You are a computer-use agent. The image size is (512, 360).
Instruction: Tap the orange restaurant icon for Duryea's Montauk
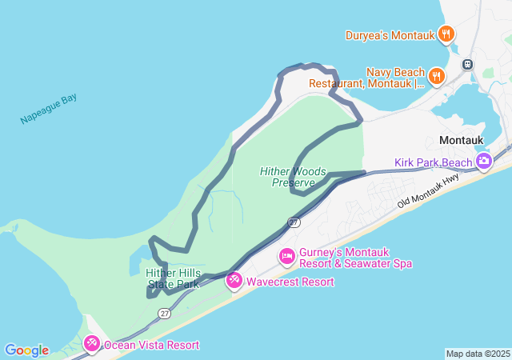coord(446,34)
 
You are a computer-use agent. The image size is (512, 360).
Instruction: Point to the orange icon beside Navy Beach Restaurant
coord(436,77)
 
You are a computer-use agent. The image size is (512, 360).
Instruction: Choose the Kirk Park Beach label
coord(433,163)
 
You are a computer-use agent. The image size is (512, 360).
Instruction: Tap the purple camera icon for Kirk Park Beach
coord(483,162)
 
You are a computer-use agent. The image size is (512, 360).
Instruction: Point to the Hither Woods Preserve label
coord(290,177)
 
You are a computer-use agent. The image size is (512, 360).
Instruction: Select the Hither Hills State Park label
coord(172,278)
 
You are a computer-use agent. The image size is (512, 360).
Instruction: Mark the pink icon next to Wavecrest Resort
coord(234,280)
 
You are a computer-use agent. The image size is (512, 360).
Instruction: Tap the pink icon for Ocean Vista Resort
coord(92,344)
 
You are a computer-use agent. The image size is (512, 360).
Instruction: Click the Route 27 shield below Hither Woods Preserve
coord(294,222)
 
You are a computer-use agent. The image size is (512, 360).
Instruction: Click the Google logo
coord(26,350)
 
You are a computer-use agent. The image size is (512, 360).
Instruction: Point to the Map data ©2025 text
coord(477,354)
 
